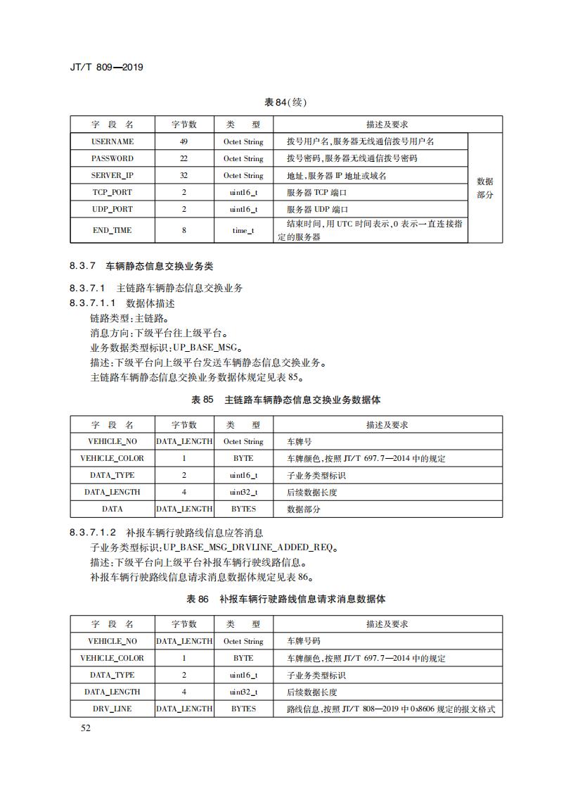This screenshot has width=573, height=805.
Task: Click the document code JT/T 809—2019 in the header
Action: pos(108,68)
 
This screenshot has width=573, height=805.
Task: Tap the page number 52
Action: pos(86,728)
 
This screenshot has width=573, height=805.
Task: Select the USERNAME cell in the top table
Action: pos(112,141)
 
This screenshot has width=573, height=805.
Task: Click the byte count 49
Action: pos(184,141)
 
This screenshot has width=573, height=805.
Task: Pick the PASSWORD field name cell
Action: pos(112,158)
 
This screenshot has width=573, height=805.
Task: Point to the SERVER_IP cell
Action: pos(112,175)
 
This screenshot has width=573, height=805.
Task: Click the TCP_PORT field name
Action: pos(112,192)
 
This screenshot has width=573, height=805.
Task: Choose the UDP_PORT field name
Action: pos(112,209)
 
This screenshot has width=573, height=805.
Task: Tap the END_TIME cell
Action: pos(112,230)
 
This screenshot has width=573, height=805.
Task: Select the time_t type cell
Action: pos(243,230)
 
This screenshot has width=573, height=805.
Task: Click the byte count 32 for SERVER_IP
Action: pos(184,175)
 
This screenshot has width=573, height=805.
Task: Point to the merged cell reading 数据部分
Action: pos(485,188)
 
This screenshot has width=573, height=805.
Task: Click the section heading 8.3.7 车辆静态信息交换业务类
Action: pos(141,267)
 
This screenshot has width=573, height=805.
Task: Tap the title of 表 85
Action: pos(286,400)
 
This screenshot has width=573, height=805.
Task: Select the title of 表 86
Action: pos(286,599)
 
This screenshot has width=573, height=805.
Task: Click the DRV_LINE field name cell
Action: pos(112,709)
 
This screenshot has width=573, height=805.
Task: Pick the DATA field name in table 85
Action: pos(112,509)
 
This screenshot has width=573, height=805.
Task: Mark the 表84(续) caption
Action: pos(285,102)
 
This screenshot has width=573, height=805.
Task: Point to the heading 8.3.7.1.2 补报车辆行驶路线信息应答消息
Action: pos(167,533)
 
